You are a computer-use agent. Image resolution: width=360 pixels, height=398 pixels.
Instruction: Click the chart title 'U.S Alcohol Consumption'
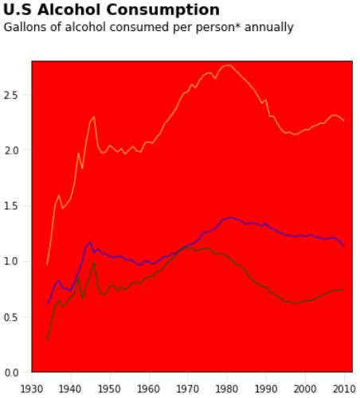point(112,10)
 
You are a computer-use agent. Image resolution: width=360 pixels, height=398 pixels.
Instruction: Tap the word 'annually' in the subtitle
point(271,27)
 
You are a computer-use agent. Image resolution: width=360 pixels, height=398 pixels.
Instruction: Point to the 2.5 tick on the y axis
point(17,95)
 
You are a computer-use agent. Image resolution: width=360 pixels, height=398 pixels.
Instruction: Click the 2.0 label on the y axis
point(17,150)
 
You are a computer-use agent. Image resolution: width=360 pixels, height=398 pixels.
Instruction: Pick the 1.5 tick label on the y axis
point(17,206)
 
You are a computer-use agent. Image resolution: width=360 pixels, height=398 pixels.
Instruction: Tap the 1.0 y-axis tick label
point(17,261)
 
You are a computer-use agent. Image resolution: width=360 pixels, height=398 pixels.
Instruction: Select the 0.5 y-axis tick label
point(17,317)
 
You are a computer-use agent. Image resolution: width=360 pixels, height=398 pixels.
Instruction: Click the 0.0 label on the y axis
point(17,373)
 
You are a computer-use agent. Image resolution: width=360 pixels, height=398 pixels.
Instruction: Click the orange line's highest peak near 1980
point(228,65)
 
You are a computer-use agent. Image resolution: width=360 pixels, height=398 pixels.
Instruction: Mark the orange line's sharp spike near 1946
point(94,117)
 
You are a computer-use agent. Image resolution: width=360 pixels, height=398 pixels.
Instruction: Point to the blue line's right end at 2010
point(343,247)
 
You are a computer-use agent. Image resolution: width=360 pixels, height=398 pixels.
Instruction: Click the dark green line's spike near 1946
point(94,261)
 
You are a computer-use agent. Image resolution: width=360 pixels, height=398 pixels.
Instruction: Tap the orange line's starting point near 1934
point(47,263)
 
